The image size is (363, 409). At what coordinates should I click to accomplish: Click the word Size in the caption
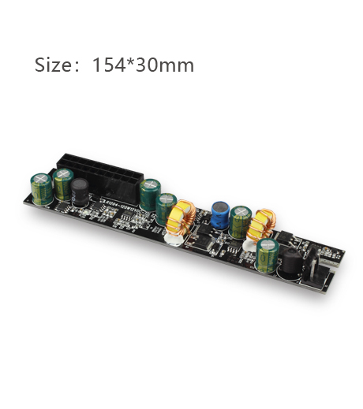[x=52, y=65]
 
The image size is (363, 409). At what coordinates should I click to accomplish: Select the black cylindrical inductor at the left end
[x=80, y=195]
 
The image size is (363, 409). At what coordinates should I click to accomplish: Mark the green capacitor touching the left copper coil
[x=167, y=208]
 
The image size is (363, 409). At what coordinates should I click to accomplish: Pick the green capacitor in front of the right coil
[x=268, y=255]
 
